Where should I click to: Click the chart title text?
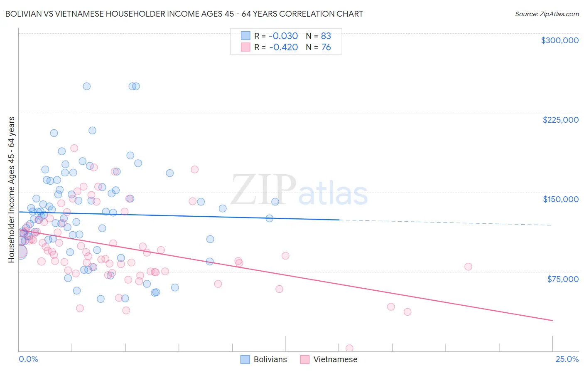(184, 14)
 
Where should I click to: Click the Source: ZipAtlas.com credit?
(547, 14)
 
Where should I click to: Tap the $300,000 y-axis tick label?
(559, 40)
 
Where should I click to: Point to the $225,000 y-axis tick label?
(560, 120)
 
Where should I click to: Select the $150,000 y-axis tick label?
(560, 199)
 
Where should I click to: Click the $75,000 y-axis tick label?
(562, 279)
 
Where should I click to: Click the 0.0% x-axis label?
(28, 359)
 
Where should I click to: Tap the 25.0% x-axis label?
(567, 359)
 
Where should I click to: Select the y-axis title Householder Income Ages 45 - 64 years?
(12, 190)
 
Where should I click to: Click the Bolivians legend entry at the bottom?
(264, 359)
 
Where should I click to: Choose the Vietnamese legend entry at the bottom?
(329, 359)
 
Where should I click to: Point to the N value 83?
(326, 36)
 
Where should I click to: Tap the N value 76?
(326, 47)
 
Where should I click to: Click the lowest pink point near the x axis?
(349, 348)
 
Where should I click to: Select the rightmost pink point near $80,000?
(468, 267)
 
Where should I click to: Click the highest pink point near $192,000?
(74, 148)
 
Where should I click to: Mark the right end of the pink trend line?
(552, 320)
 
